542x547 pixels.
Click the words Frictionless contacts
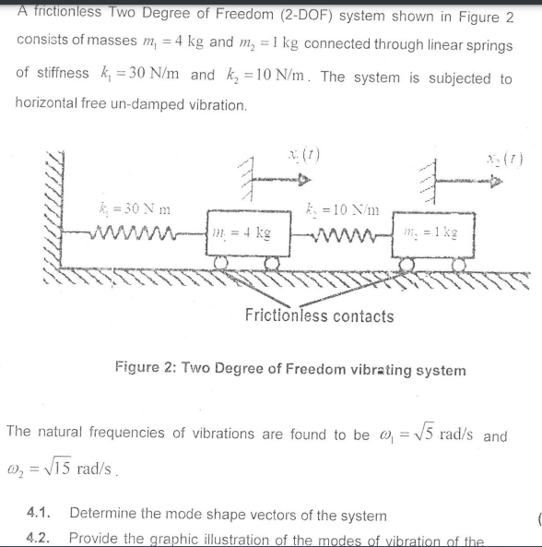click(x=319, y=316)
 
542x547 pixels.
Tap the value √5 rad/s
click(x=441, y=434)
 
